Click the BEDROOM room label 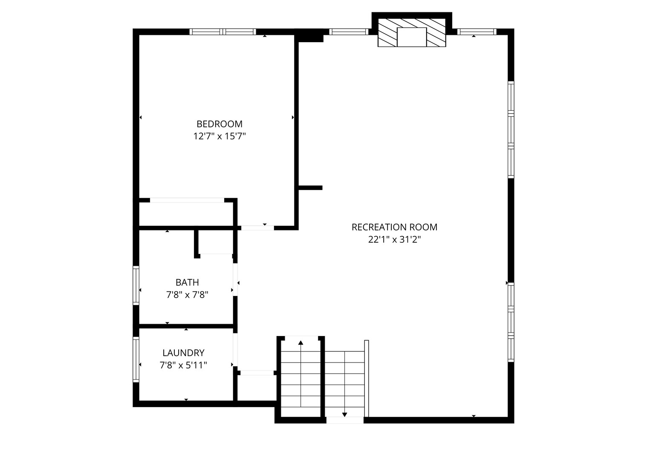coord(220,124)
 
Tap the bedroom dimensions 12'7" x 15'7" coord(220,136)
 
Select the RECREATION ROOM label coord(394,227)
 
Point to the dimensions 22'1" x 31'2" coord(394,239)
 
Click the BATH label coord(187,282)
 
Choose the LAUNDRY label coord(183,353)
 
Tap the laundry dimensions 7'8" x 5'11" coord(183,365)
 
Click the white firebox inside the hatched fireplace coord(412,37)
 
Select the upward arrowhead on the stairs coord(300,342)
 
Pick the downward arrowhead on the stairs coord(344,415)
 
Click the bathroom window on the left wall coord(136,285)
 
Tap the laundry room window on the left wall coord(136,359)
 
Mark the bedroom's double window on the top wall coord(222,32)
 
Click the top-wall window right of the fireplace coord(477,32)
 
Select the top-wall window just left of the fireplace coord(349,32)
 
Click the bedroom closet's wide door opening coord(187,200)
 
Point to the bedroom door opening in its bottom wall coord(257,228)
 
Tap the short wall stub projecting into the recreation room coord(311,188)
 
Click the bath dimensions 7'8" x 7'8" coord(187,295)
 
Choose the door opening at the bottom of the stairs coord(345,420)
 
